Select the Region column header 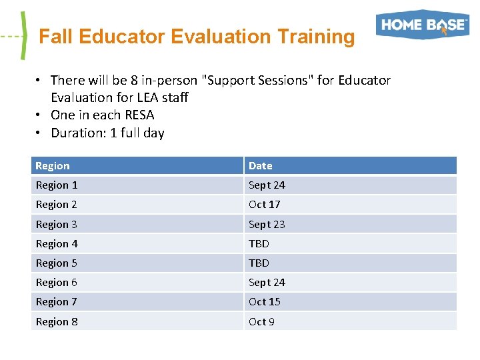click(x=53, y=165)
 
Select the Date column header click(x=261, y=165)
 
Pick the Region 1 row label click(x=57, y=185)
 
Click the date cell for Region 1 click(x=267, y=185)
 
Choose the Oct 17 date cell click(x=265, y=205)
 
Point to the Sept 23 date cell click(x=267, y=225)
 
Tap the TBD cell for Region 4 click(x=259, y=244)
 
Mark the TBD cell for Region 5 click(x=259, y=263)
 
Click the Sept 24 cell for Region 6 click(x=267, y=283)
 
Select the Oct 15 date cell click(x=265, y=302)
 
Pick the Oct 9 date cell click(x=261, y=322)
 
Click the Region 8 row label click(x=57, y=322)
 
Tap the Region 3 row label click(x=57, y=225)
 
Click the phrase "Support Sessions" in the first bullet click(x=260, y=80)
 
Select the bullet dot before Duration click(x=39, y=133)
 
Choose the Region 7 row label click(x=57, y=302)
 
